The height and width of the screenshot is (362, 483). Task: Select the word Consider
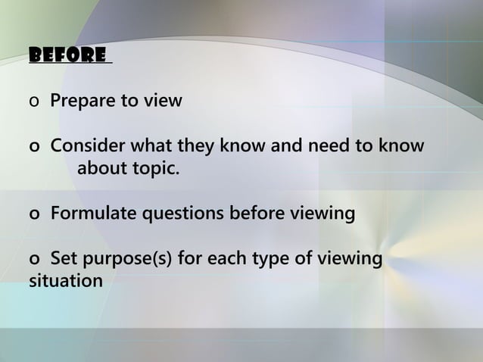click(x=86, y=145)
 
